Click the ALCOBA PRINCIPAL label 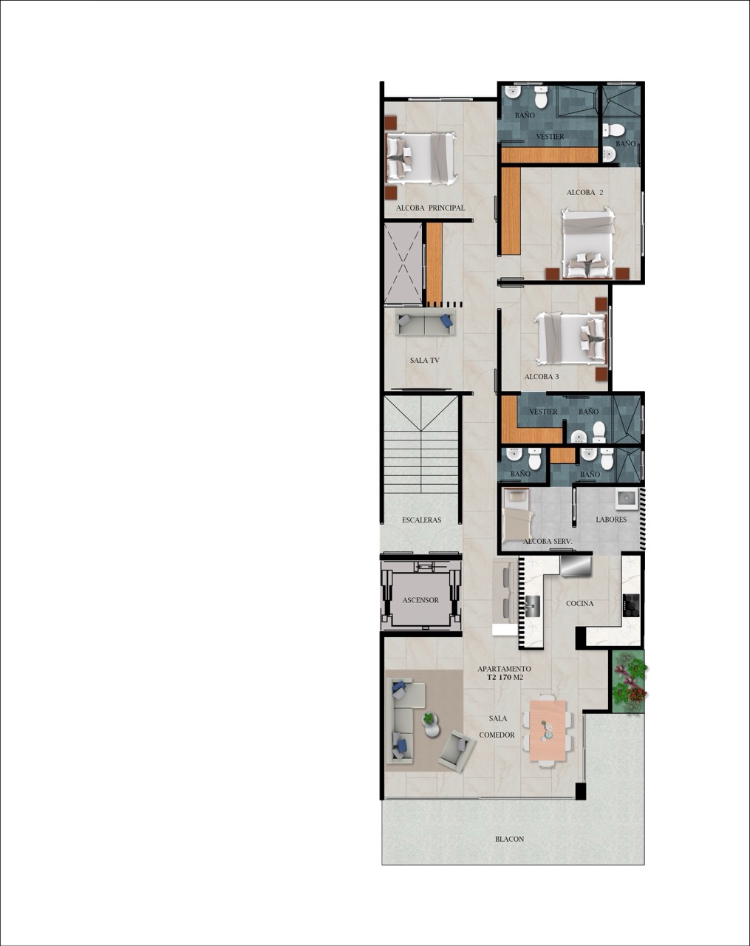[430, 208]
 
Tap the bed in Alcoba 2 [588, 243]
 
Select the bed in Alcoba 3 [571, 338]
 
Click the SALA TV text [425, 361]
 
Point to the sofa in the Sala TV [424, 323]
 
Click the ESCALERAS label [422, 520]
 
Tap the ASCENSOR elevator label [420, 600]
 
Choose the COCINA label [580, 603]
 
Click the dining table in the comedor [548, 730]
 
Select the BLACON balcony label [510, 839]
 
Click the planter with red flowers [628, 682]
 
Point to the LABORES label [611, 520]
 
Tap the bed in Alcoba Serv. [517, 514]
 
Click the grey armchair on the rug [456, 749]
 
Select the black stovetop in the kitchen [631, 605]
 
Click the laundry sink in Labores [627, 498]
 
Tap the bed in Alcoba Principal [421, 157]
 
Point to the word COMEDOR [497, 735]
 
